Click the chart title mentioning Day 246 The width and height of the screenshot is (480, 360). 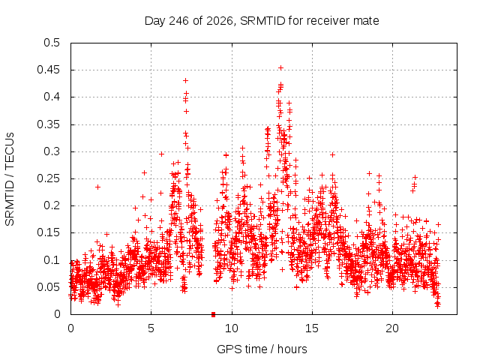[262, 21]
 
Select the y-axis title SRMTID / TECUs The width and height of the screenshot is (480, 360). [10, 179]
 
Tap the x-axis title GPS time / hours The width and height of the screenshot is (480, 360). [262, 349]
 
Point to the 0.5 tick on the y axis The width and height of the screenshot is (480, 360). [52, 43]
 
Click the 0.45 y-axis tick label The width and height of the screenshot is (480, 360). [48, 70]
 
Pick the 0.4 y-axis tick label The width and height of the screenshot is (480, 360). [52, 97]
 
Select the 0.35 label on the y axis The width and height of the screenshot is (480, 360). [48, 124]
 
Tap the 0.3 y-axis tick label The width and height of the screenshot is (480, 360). [52, 151]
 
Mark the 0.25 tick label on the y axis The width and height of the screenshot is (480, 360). [48, 178]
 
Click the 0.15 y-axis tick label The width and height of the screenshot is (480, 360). [48, 232]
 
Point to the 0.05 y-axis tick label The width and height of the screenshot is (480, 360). [48, 287]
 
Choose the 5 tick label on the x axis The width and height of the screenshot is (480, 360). [151, 328]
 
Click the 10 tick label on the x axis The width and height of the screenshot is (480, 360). [232, 328]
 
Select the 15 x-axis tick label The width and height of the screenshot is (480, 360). [312, 328]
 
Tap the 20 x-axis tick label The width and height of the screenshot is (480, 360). [392, 328]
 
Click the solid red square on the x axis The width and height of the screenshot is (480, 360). [213, 314]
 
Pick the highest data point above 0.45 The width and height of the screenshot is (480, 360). [280, 67]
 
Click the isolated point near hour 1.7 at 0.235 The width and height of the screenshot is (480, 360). [97, 187]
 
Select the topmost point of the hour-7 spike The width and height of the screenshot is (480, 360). [185, 80]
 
